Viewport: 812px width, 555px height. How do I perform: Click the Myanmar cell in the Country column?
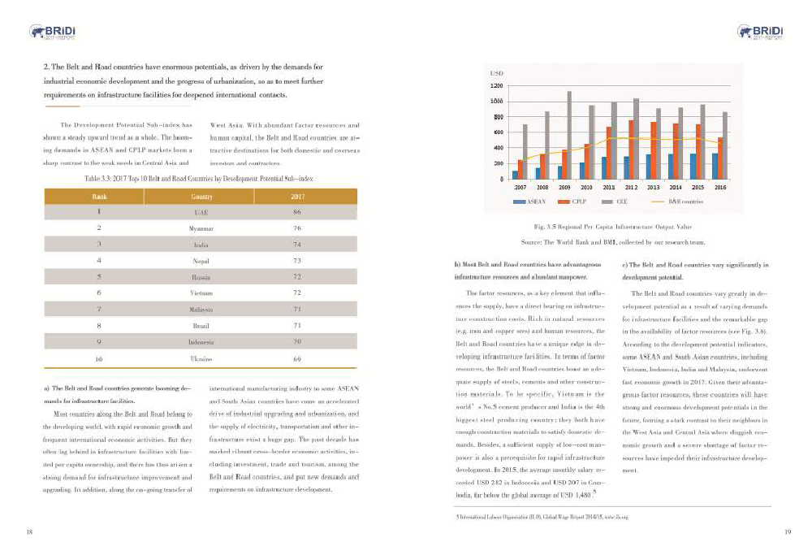point(201,228)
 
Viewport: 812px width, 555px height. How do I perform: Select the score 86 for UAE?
point(297,212)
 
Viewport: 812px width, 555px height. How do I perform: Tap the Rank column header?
point(98,197)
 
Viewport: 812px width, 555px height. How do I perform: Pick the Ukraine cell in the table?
point(201,358)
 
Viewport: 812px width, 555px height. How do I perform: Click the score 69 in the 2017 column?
point(297,358)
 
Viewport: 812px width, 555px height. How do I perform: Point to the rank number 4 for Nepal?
point(98,261)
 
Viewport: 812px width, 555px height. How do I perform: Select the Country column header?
point(201,197)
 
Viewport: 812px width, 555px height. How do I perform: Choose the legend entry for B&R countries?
point(683,200)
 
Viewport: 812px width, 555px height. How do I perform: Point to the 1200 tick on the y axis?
point(495,85)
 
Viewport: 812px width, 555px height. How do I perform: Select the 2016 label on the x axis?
point(719,188)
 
